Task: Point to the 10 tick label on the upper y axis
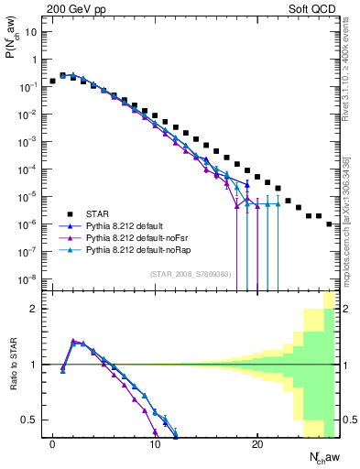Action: click(x=31, y=32)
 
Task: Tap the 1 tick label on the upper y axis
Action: click(x=35, y=60)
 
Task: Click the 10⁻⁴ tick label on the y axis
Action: click(x=29, y=169)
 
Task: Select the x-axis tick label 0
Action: click(x=52, y=443)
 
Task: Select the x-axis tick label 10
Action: click(x=155, y=443)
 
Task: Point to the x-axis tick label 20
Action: click(x=257, y=443)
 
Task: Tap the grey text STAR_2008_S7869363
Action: click(x=190, y=273)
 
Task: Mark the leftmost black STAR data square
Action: click(x=52, y=82)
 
